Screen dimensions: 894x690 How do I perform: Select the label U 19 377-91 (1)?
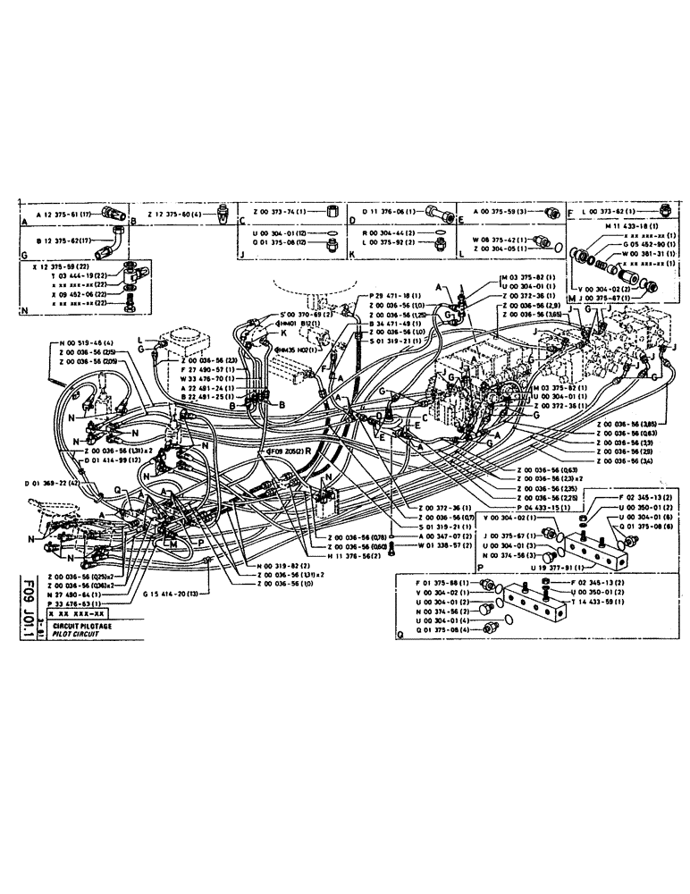[x=559, y=566]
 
